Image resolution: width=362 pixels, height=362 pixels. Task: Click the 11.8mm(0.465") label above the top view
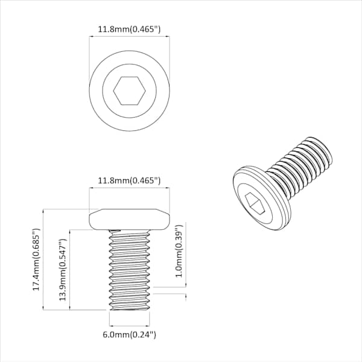point(129,30)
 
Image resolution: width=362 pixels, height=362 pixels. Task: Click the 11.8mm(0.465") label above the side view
point(129,180)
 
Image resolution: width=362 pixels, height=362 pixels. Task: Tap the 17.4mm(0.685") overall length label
point(36,259)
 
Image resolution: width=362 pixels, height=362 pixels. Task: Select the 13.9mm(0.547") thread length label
point(63,270)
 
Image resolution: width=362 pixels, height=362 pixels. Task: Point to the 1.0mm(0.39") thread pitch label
point(179,251)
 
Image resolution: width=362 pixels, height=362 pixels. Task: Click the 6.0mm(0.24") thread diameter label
point(129,334)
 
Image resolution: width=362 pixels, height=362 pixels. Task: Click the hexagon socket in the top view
point(129,91)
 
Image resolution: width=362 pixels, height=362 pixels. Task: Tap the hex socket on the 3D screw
point(255,204)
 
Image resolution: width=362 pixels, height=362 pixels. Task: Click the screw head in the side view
point(129,220)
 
